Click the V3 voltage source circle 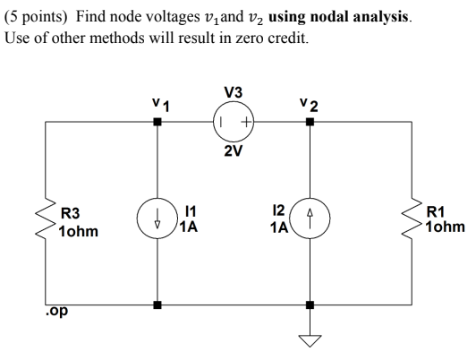click(x=234, y=122)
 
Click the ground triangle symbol click(x=310, y=340)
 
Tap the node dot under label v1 click(x=157, y=122)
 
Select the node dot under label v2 click(x=310, y=122)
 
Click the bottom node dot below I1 click(x=157, y=304)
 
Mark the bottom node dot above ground click(x=310, y=304)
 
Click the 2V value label click(x=234, y=151)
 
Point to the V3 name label click(x=234, y=92)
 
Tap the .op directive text click(x=56, y=312)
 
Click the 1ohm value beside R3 click(x=79, y=232)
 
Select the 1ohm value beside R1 click(x=446, y=227)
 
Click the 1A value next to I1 click(x=189, y=227)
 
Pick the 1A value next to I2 click(x=279, y=227)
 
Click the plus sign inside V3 click(x=246, y=123)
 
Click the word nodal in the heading click(x=328, y=17)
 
